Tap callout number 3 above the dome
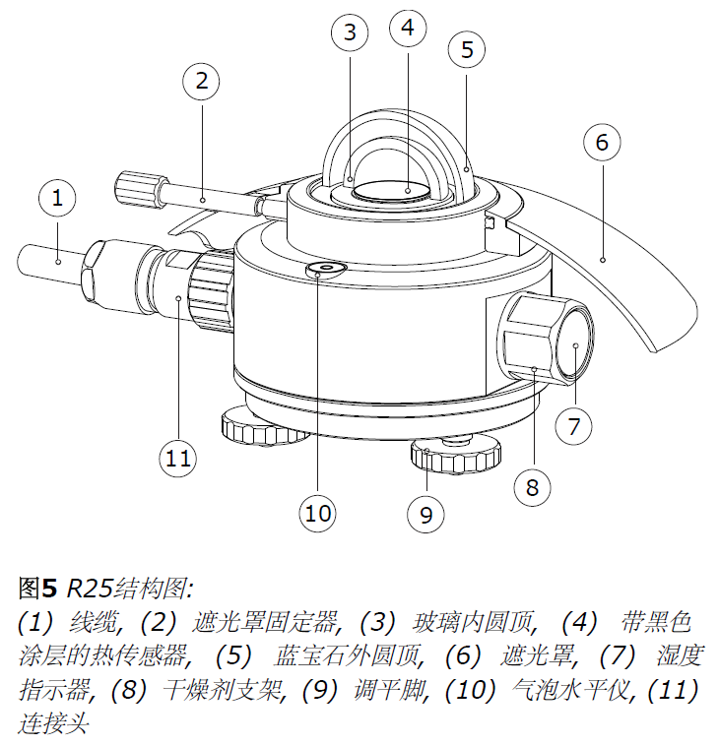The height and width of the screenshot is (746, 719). click(x=349, y=33)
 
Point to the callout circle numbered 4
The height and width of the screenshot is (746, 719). click(x=408, y=28)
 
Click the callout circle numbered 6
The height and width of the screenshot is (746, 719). click(x=602, y=142)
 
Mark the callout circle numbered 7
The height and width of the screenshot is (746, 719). click(x=574, y=426)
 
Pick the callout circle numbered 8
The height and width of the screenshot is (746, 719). click(x=533, y=485)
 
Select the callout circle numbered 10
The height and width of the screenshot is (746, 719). click(x=318, y=513)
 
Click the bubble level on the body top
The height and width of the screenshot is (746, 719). click(x=325, y=270)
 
